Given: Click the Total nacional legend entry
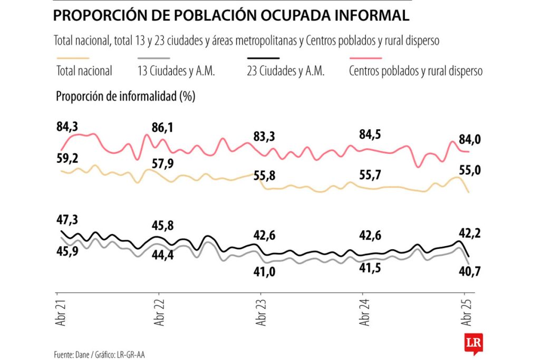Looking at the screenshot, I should click(x=84, y=71).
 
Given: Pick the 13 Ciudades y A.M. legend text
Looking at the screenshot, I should click(x=176, y=71).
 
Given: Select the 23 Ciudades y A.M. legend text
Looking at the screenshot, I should click(x=285, y=71).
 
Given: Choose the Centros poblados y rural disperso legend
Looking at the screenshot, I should click(x=416, y=71).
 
